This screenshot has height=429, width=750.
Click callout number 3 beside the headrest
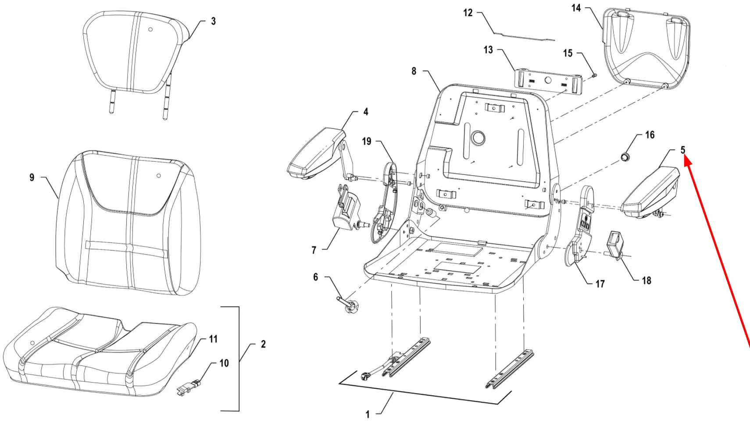213,21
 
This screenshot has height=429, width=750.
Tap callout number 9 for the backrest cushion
32,177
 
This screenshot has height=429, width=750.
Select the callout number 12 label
468,13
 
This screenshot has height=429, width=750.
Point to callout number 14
576,8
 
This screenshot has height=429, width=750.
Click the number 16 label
650,135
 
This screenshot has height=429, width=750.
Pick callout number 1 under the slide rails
368,415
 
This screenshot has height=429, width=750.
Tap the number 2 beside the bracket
263,344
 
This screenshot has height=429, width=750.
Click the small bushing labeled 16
625,156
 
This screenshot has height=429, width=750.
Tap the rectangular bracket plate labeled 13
548,81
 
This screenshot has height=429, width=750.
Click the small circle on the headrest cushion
150,29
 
